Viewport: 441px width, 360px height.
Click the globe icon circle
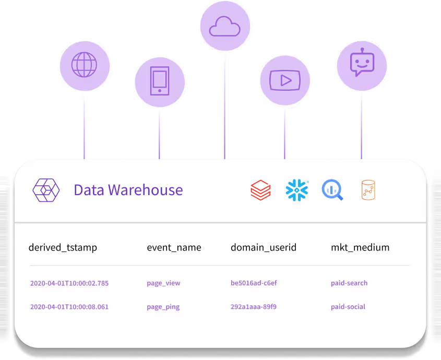tap(85, 66)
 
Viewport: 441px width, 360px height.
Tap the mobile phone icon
tap(160, 81)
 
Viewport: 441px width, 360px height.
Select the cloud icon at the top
tap(225, 26)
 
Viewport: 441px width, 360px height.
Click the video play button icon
tap(285, 80)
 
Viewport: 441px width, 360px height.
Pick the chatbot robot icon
tap(362, 62)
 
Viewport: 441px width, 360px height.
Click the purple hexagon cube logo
tap(46, 190)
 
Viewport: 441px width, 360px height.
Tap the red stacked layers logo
tap(261, 190)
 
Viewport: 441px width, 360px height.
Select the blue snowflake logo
tap(297, 190)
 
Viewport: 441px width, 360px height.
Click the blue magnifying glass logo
tap(332, 190)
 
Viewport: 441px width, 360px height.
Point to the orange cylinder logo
tap(368, 190)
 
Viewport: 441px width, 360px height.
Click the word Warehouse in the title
tap(146, 190)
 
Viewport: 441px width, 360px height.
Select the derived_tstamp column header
tap(63, 247)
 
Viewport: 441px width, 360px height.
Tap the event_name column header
tap(174, 247)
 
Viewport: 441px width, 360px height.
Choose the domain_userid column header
tap(264, 247)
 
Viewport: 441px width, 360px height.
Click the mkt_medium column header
tap(360, 247)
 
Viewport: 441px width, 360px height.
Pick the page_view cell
tap(163, 283)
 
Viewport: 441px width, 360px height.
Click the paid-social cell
tap(348, 307)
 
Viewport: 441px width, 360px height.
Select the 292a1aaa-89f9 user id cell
tap(254, 307)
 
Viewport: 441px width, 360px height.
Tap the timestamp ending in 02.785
tap(69, 283)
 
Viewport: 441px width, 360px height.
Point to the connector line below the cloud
tap(225, 105)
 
